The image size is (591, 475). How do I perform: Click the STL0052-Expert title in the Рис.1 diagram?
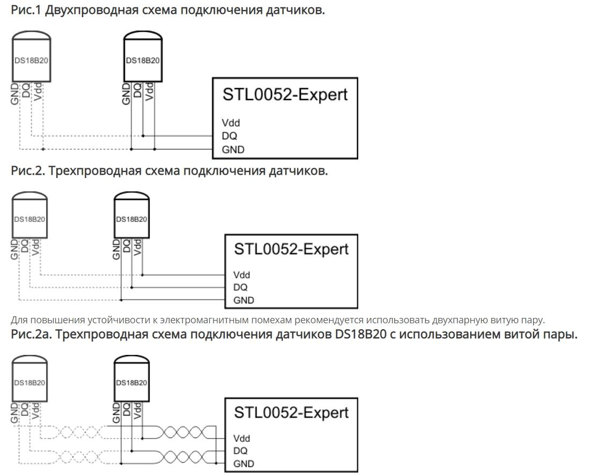tap(285, 95)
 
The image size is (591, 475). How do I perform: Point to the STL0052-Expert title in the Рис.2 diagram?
tap(291, 249)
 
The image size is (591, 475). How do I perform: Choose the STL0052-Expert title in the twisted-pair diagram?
tap(291, 412)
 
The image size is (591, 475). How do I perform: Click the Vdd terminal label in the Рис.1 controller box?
tap(231, 123)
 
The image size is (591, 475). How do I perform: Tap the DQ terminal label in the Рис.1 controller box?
tap(229, 136)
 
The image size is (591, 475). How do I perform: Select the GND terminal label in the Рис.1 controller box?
tap(233, 150)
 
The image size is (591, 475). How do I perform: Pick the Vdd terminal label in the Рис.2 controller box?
tap(242, 275)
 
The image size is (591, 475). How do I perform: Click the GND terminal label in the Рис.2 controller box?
tap(244, 300)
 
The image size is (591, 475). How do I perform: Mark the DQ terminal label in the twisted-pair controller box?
tap(240, 451)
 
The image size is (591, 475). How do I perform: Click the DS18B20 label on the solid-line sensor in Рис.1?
tap(143, 61)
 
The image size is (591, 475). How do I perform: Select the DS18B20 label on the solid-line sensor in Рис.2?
tap(132, 219)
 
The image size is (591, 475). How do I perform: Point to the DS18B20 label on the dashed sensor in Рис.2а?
tap(29, 383)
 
